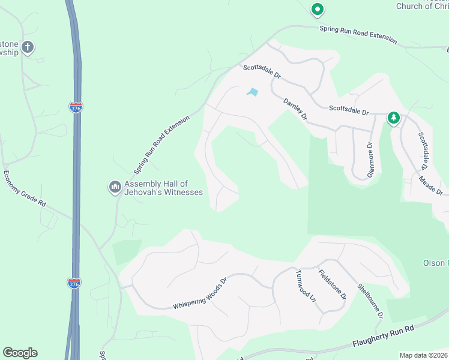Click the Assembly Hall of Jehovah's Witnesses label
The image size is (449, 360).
(x=163, y=188)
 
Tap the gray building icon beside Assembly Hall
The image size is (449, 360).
(x=115, y=188)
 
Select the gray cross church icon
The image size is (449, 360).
(x=28, y=47)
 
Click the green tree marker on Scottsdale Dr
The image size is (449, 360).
(x=393, y=118)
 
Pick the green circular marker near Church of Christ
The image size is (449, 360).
(x=317, y=10)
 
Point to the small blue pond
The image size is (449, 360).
(x=253, y=92)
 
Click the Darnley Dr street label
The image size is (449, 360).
(x=295, y=109)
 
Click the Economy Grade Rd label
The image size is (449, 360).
(x=25, y=189)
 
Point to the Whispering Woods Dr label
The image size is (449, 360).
(x=200, y=293)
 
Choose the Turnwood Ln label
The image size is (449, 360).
(x=305, y=284)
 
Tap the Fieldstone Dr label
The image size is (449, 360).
(x=332, y=284)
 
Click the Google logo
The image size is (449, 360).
(x=20, y=353)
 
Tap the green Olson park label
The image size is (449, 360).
(x=435, y=263)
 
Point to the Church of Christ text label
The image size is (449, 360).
(x=422, y=6)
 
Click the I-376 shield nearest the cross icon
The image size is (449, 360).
(x=75, y=107)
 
